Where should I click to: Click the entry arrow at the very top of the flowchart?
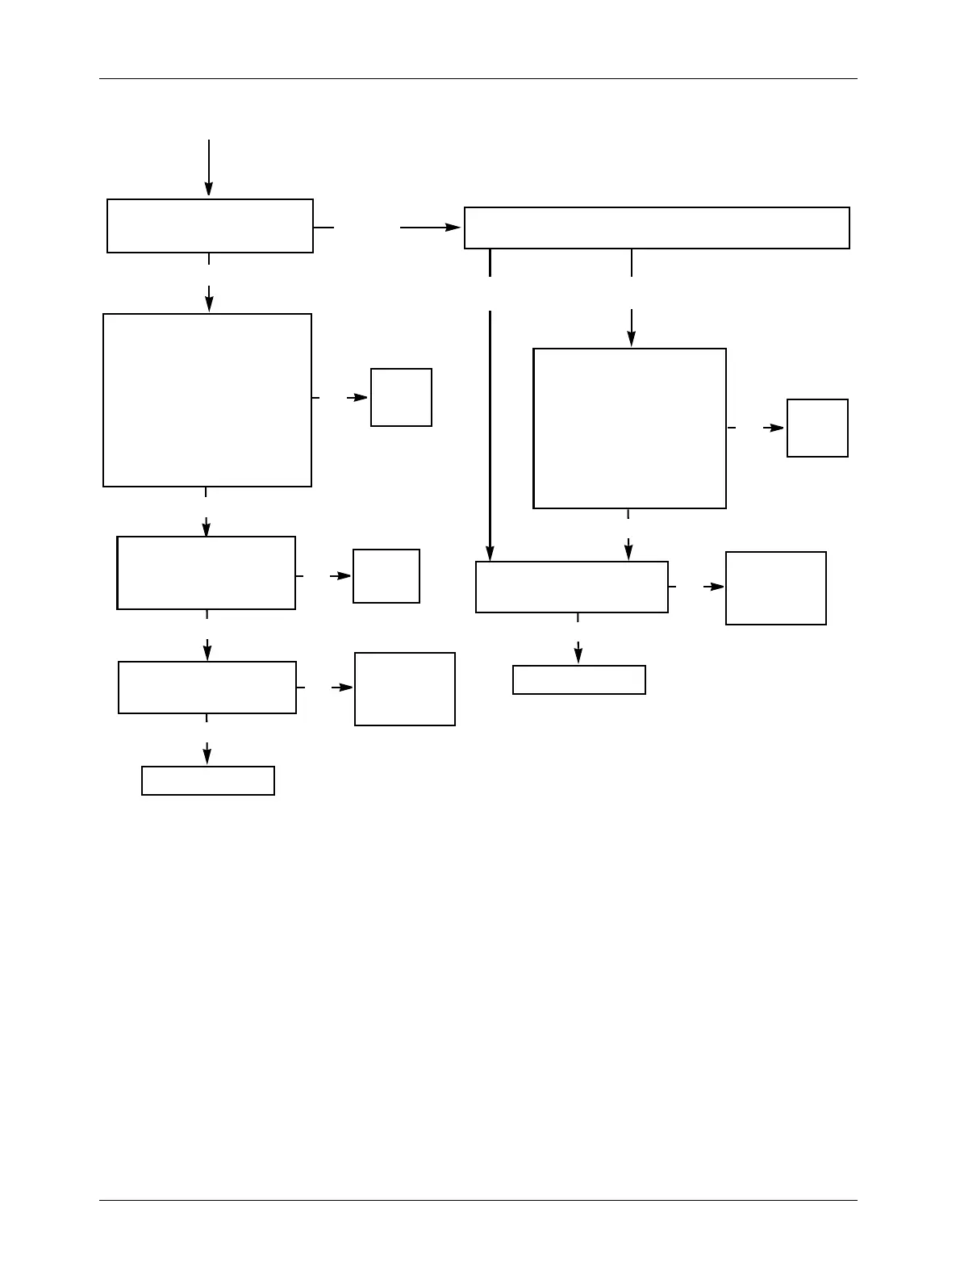(x=208, y=166)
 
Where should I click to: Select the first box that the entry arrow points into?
(x=210, y=226)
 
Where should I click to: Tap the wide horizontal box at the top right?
(x=657, y=228)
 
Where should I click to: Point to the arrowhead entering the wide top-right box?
(x=454, y=228)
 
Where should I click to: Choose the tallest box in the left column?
(x=207, y=400)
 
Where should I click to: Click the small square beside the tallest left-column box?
(x=401, y=397)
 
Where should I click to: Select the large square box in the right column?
(x=630, y=428)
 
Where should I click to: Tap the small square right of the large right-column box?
(x=817, y=428)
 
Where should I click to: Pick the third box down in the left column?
(x=207, y=573)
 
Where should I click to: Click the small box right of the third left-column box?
(x=386, y=576)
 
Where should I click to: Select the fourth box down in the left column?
(x=207, y=688)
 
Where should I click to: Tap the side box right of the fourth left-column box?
(x=405, y=689)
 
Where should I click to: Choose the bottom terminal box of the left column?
(x=208, y=780)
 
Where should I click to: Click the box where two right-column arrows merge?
(x=572, y=587)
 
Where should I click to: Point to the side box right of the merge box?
(x=776, y=588)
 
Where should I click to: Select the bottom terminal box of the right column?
(x=579, y=679)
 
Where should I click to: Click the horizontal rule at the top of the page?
(x=478, y=79)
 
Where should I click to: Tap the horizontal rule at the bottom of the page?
(x=478, y=1200)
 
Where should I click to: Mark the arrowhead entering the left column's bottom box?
(x=207, y=758)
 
